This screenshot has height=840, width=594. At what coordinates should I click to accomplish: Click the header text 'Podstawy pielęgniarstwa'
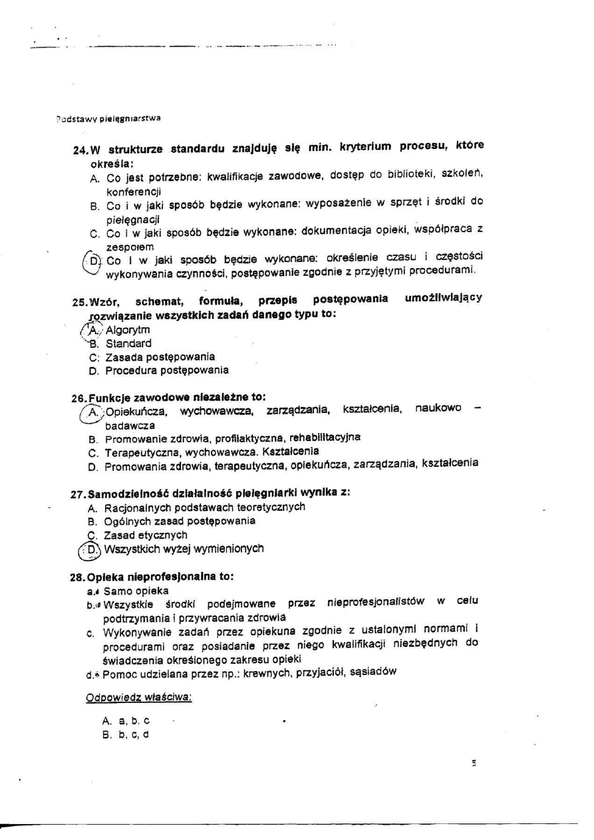[108, 118]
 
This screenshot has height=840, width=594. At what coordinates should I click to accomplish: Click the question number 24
[80, 150]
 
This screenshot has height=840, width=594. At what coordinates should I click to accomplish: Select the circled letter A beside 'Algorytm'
[93, 330]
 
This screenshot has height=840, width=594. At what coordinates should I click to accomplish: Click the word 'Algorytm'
[128, 330]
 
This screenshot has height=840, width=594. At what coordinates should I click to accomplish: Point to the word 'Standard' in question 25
[128, 344]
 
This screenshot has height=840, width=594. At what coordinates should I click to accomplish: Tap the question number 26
[78, 398]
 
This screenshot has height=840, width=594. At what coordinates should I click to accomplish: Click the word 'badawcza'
[130, 425]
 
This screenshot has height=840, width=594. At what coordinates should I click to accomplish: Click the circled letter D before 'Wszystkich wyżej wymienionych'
[91, 550]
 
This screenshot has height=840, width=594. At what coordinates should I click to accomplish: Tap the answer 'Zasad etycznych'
[146, 535]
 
